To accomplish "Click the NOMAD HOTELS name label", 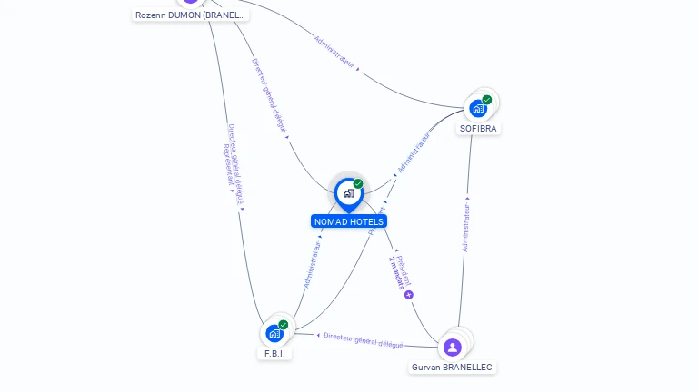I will point(349,221).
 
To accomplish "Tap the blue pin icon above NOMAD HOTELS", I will point(348,193).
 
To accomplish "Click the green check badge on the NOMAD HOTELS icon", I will point(358,183).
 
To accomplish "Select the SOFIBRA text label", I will point(479,128).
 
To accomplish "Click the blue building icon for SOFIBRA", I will point(478,109).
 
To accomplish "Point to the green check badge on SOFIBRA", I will point(487,100).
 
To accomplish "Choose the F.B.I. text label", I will point(274,353).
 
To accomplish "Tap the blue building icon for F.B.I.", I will point(274,334).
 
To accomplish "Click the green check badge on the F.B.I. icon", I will point(284,325).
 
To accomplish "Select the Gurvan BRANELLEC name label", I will point(452,367).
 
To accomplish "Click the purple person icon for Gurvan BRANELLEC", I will point(452,347).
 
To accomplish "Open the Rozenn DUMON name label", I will point(190,15).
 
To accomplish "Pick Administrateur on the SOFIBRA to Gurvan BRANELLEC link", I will point(465,228).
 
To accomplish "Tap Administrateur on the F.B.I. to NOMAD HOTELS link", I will point(313,264).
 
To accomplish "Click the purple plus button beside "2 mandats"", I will point(409,295).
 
